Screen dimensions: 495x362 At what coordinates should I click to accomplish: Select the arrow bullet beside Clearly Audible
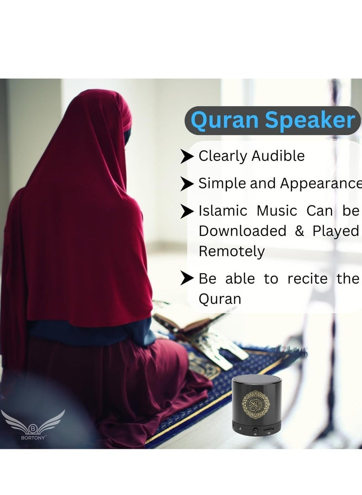(x=187, y=157)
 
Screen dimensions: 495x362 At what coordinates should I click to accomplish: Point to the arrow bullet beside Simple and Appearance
(x=187, y=184)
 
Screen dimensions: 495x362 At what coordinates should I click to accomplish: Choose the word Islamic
(x=223, y=210)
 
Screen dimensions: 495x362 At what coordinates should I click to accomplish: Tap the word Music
(x=277, y=210)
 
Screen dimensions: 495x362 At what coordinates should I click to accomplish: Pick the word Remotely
(x=232, y=251)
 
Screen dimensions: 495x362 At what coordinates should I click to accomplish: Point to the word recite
(x=309, y=279)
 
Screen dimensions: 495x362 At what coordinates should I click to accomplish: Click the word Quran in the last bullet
(x=220, y=299)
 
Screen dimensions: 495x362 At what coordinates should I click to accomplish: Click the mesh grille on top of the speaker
(x=256, y=380)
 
